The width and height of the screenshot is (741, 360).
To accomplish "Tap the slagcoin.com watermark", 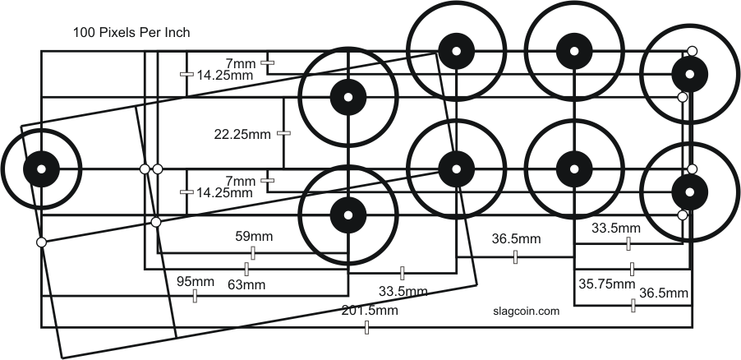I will point(526,312).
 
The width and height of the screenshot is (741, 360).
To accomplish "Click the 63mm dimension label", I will point(246,284).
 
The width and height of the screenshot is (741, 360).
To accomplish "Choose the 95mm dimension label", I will point(196,282).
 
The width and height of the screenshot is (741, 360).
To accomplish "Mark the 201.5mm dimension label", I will point(370,311).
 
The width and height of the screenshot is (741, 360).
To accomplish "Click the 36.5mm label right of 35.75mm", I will point(663,293).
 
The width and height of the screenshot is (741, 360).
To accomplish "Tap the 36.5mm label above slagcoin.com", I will point(516,239).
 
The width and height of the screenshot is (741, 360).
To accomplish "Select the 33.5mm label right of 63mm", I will point(403,290).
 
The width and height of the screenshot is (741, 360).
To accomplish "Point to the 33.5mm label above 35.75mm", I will point(616,228).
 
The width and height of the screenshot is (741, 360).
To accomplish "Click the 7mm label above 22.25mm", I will point(240,62).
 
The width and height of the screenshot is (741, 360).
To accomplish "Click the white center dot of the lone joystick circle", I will point(40,168).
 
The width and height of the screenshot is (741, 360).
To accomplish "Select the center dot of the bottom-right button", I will point(690,192).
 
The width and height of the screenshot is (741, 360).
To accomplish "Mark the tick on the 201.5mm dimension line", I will point(366,328).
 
